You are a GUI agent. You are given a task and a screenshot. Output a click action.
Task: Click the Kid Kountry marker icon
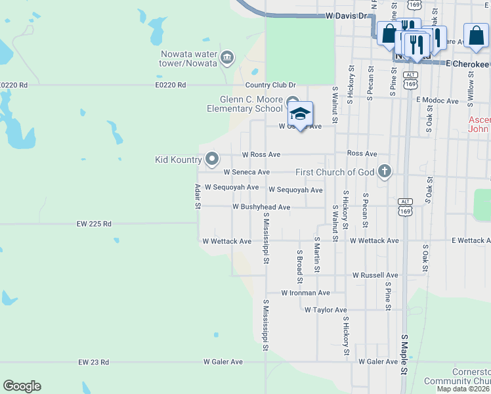[x=212, y=159]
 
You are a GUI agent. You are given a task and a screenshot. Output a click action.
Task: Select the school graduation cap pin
[x=301, y=114]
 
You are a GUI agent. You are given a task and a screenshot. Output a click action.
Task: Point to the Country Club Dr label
[x=270, y=85]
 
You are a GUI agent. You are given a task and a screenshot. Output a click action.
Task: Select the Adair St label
[x=197, y=197]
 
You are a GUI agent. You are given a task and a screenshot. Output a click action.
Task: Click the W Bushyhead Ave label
[x=261, y=207]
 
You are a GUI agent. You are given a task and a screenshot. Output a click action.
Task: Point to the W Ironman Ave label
[x=305, y=293]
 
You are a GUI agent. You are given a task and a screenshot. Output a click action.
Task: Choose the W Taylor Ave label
[x=325, y=310]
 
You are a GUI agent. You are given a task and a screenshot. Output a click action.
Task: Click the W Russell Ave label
[x=375, y=275]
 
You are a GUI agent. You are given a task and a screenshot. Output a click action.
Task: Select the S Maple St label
[x=404, y=355]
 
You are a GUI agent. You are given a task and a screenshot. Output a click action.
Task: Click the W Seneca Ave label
[x=247, y=172]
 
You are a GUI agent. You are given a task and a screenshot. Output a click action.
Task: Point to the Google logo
[x=22, y=386]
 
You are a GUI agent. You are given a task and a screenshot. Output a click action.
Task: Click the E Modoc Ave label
[x=437, y=100]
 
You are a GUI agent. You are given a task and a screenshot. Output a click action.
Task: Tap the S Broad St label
[x=299, y=261]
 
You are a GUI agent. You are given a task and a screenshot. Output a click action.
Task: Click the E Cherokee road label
[x=467, y=64]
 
